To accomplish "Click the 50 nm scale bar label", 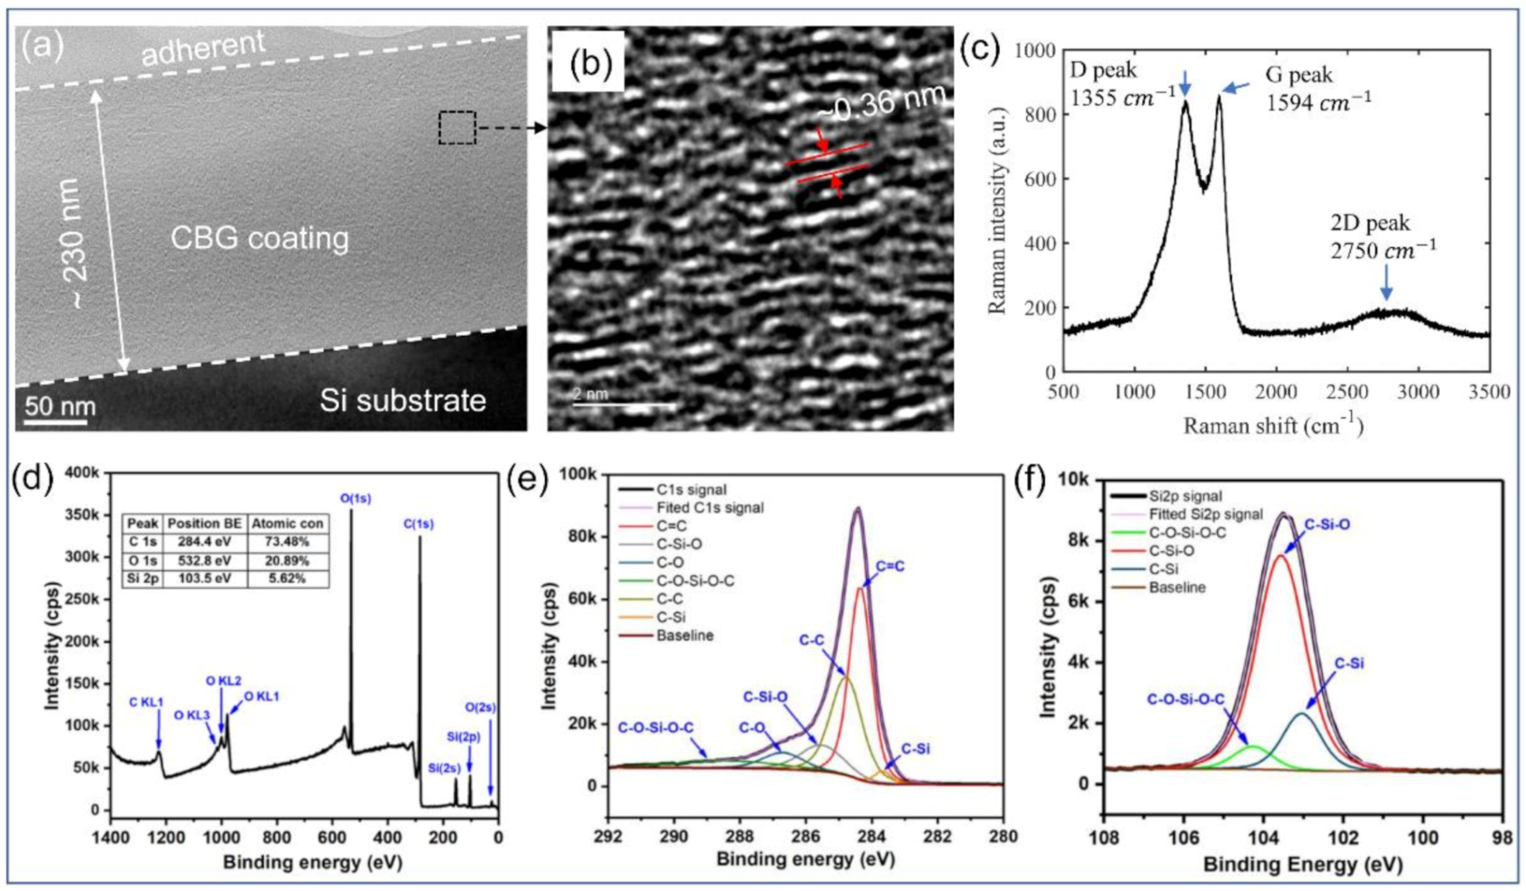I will pos(60,406).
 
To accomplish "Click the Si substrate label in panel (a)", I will pos(403,400).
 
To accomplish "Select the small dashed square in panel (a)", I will pos(457,128).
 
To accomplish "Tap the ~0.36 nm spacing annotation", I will pos(881,102).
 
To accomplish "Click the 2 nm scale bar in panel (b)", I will pos(624,403).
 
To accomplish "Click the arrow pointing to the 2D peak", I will pos(1386,283).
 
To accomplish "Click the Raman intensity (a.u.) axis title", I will pos(997,210).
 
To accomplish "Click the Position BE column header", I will pos(204,524).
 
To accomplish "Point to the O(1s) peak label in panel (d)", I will pos(356,499).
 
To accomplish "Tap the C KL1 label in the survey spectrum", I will pos(146,702).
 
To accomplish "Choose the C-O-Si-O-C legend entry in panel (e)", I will pos(695,581).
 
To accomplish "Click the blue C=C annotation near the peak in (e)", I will pos(890,567).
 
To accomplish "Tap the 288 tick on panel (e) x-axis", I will pos(740,837).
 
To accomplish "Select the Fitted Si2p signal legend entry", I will pos(1205,515).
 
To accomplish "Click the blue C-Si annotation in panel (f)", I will pos(1349,663).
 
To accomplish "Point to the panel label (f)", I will pos(1033,481).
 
